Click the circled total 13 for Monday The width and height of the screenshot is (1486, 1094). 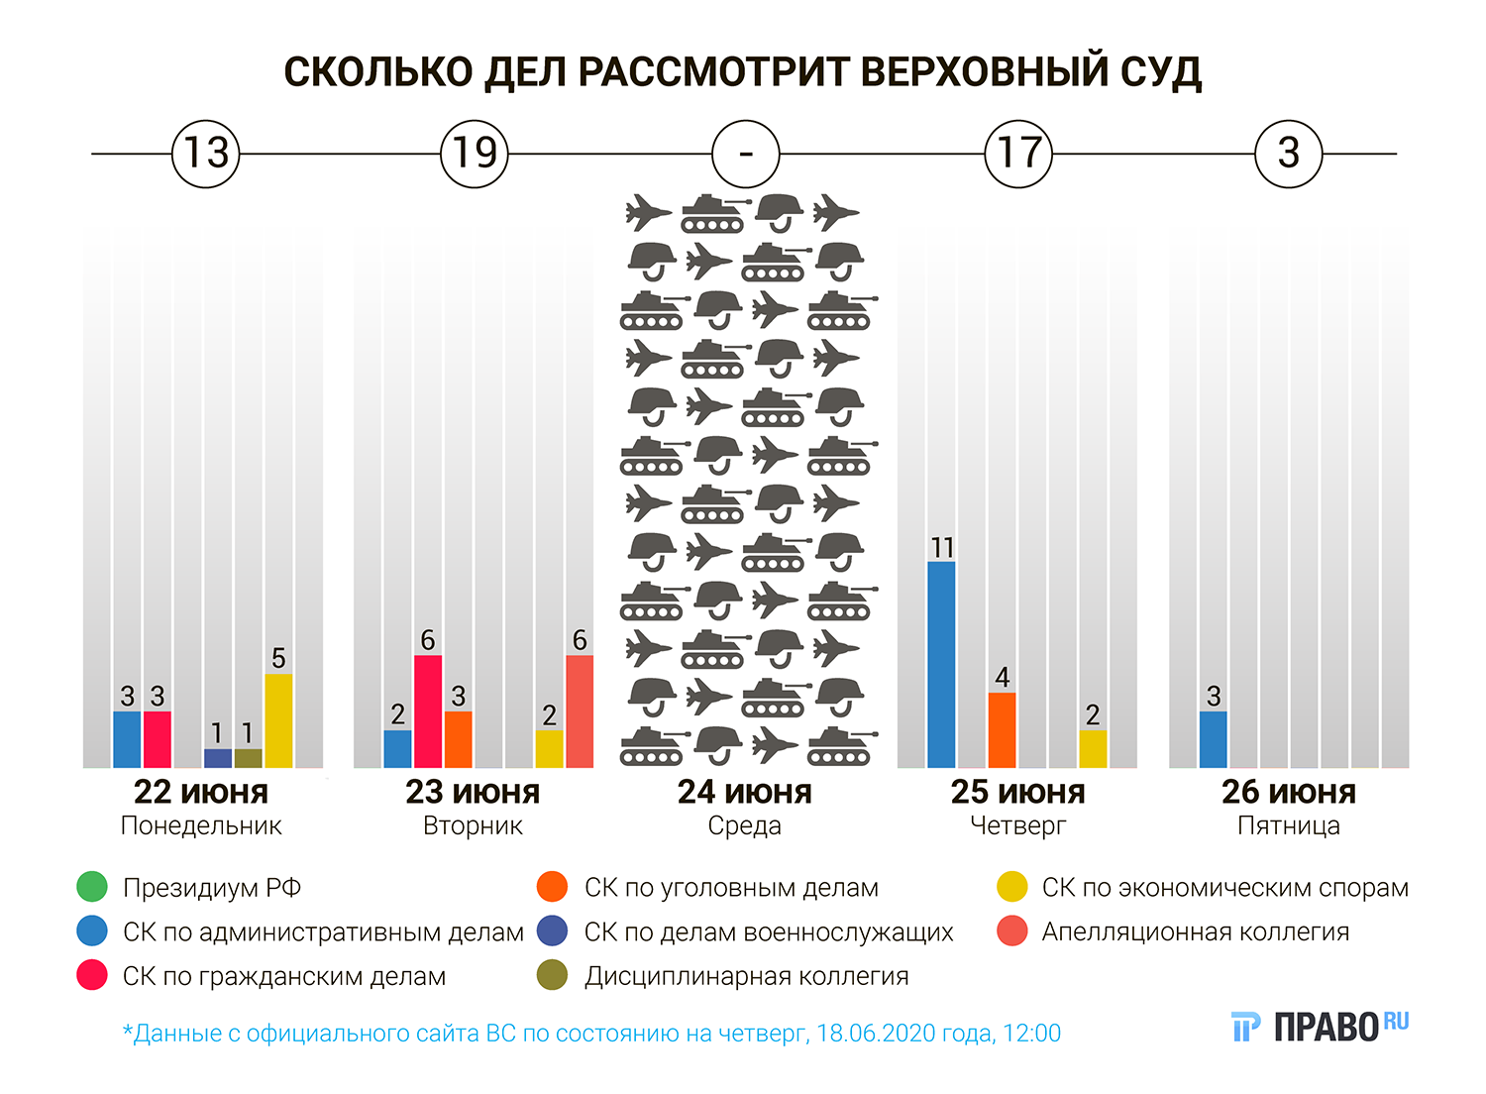[206, 154]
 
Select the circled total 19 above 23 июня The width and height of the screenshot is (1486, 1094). [475, 154]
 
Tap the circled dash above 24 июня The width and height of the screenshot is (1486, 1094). [746, 154]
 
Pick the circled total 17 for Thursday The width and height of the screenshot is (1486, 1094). [1018, 154]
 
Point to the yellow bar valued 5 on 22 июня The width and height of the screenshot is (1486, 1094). [278, 720]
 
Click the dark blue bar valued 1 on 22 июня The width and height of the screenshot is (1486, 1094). [218, 758]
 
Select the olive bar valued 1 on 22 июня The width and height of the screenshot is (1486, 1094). [249, 758]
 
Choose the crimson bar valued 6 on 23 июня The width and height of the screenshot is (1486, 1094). [428, 711]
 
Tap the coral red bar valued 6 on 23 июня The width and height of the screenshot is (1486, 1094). [580, 711]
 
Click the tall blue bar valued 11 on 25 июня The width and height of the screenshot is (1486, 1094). [941, 664]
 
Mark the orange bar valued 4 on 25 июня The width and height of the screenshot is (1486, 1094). [1003, 729]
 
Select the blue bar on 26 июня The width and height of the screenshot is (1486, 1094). [1214, 739]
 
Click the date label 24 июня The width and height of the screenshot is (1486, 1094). [745, 793]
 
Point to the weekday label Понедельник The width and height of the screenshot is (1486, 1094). [201, 826]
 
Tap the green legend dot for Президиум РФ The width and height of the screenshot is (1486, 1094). [92, 887]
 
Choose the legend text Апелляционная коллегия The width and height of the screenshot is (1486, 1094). [1196, 932]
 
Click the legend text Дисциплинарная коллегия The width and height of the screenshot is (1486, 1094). [746, 977]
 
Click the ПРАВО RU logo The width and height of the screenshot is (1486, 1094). [1321, 1028]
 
